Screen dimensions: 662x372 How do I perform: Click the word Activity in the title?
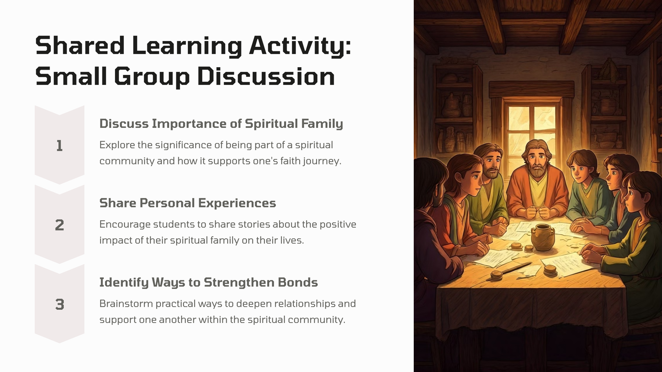point(300,46)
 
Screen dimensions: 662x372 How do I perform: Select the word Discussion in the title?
point(266,77)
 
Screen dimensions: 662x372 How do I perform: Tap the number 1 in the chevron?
point(59,146)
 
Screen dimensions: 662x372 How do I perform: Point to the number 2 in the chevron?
point(59,225)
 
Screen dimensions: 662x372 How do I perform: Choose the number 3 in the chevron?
point(59,305)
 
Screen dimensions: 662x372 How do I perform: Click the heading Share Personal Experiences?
point(187,203)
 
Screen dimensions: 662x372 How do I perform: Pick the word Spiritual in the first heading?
point(271,124)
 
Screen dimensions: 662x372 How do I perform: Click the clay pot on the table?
point(543,237)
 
